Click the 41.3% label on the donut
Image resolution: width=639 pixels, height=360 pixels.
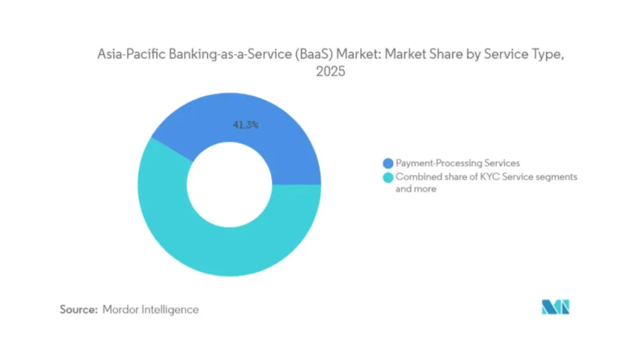point(245,125)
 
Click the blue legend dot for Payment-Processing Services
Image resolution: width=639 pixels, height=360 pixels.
point(388,164)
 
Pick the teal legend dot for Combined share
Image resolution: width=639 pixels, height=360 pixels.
point(388,176)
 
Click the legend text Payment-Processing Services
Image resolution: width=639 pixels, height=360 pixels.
point(458,164)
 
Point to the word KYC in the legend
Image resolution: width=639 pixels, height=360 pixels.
point(488,176)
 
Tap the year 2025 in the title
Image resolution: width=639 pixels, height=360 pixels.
point(330,72)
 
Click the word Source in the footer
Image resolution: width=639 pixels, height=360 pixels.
point(78,309)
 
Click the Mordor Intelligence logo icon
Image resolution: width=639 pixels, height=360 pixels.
point(555,308)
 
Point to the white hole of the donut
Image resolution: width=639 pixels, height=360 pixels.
point(229,185)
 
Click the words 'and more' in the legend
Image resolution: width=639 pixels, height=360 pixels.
point(416,189)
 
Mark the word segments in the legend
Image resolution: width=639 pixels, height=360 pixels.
point(555,176)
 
